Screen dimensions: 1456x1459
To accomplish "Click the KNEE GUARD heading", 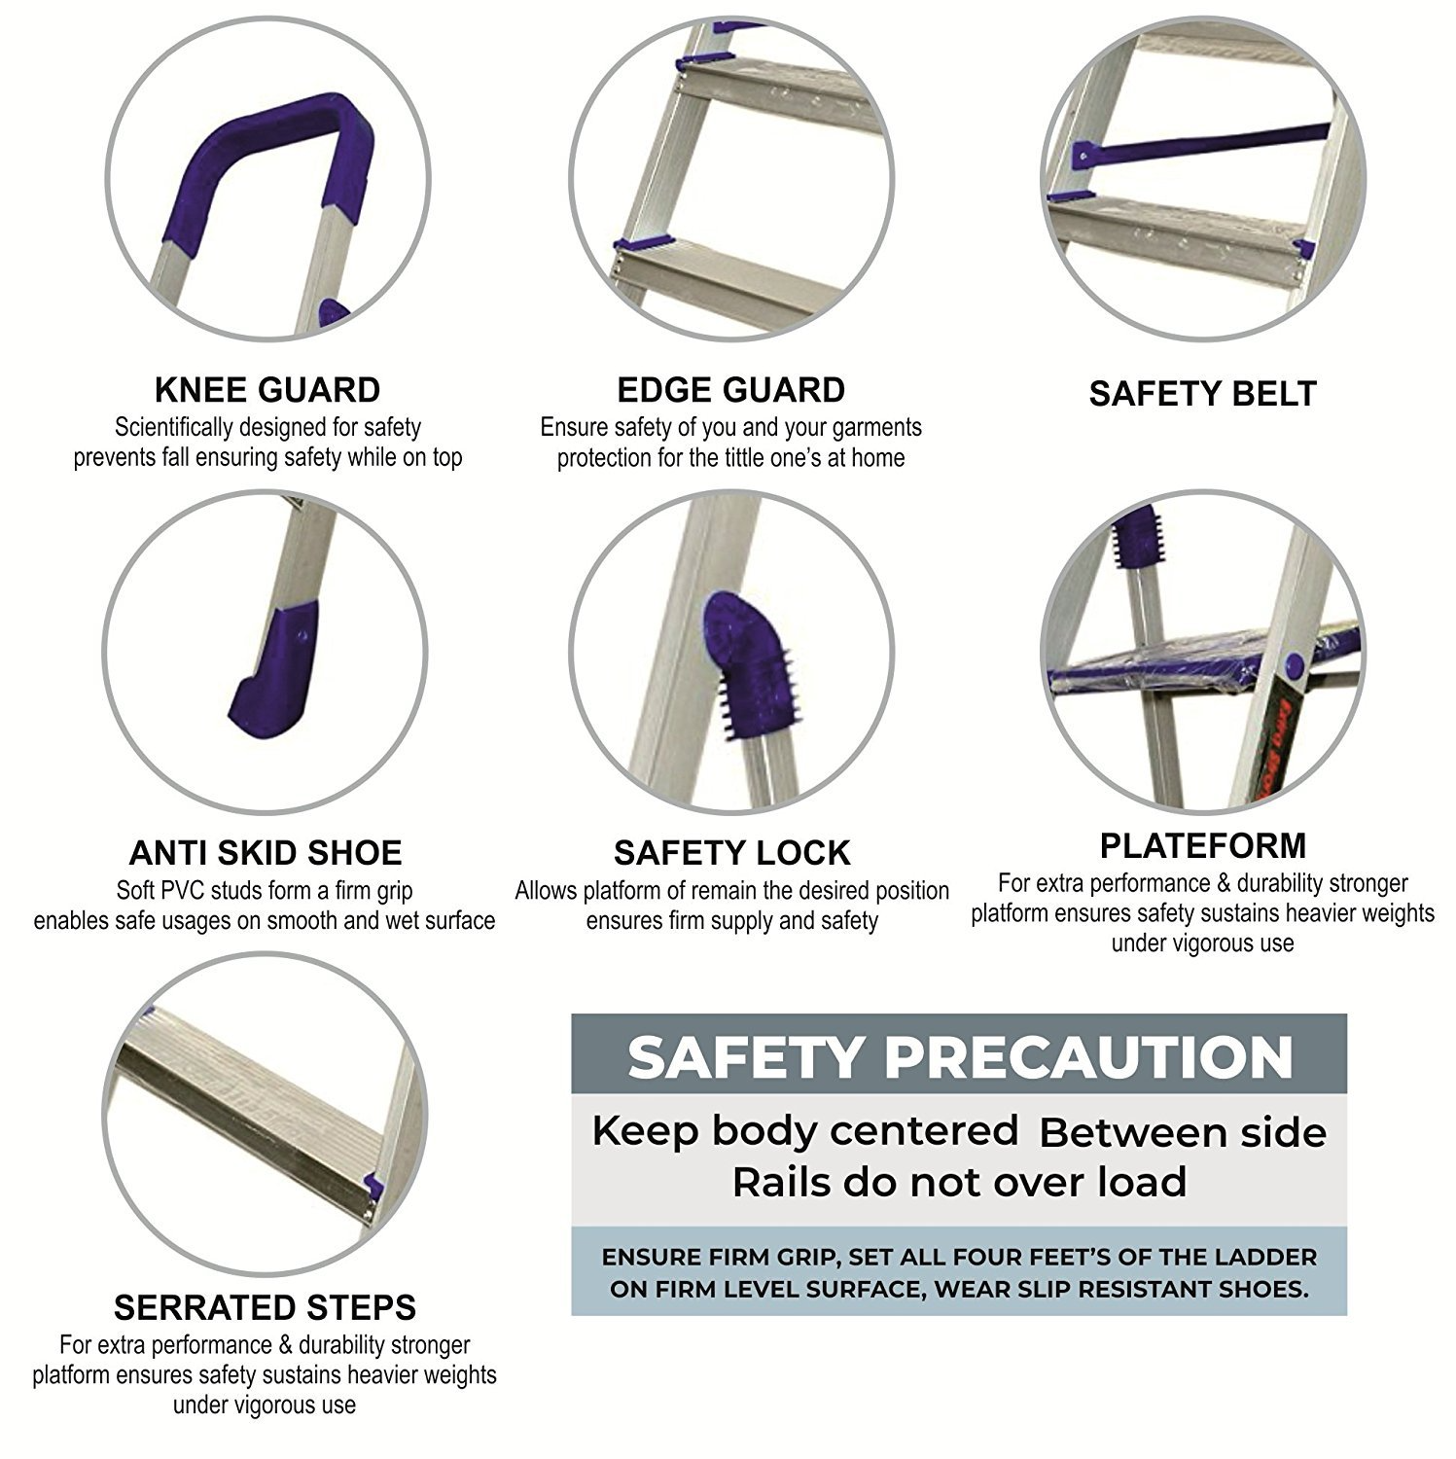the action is point(267,390).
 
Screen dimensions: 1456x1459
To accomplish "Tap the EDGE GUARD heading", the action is point(731,390).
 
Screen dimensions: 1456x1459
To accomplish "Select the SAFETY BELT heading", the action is point(1202,394).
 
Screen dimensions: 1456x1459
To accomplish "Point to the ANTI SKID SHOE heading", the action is point(266,853).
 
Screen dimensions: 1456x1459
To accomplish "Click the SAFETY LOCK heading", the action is point(732,853).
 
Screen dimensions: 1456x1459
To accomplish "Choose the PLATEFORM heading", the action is point(1203,846).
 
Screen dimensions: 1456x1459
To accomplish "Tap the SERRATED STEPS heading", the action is point(265,1307).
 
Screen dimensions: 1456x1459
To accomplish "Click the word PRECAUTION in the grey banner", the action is point(1088,1057).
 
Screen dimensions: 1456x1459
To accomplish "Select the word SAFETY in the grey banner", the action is point(746,1057).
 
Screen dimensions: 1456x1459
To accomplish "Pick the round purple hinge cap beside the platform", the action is point(1294,666).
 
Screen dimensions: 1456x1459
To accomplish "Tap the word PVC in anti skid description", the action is point(216,891).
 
